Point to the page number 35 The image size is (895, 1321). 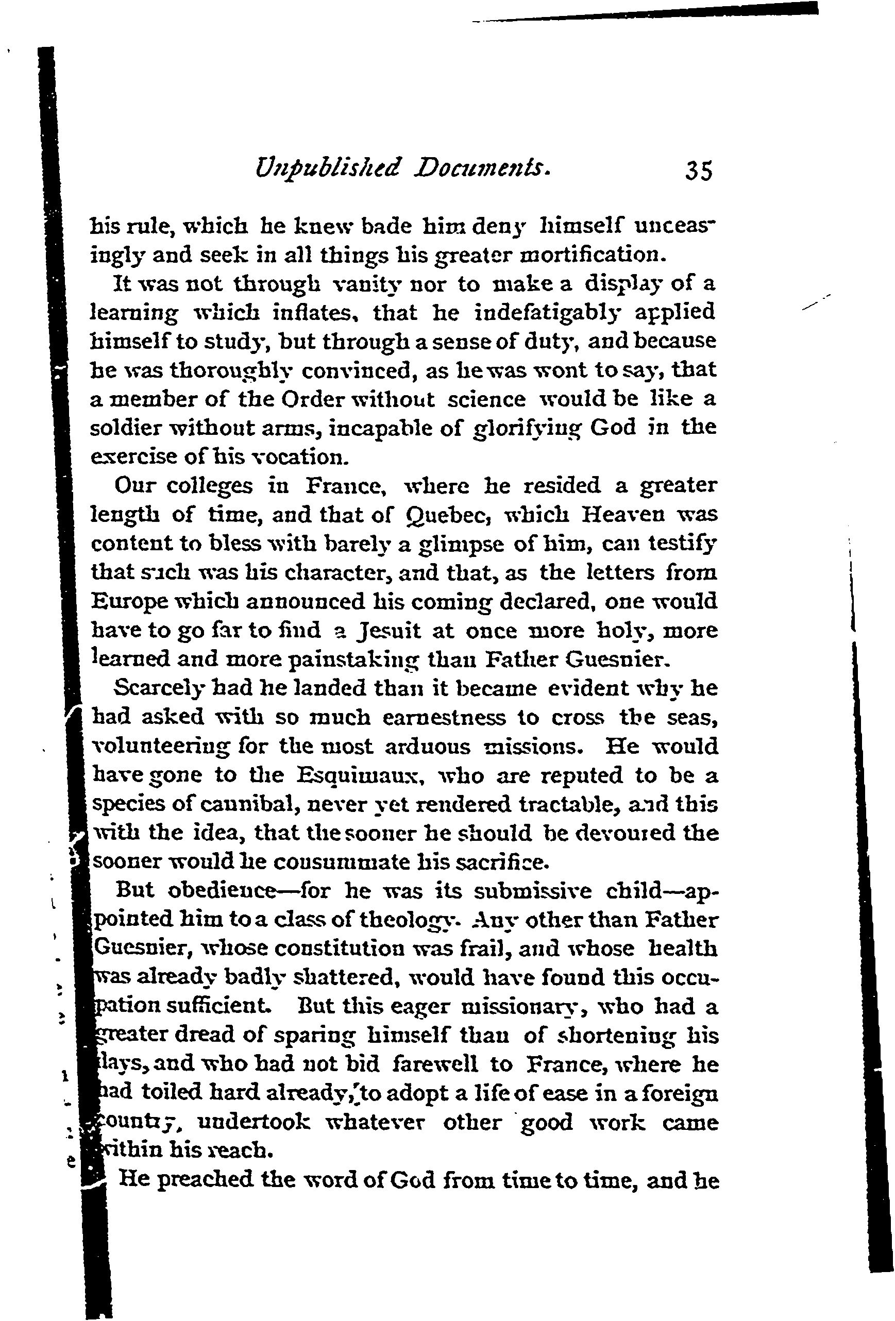(699, 171)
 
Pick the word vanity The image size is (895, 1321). (374, 284)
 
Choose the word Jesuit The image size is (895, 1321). (387, 631)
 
